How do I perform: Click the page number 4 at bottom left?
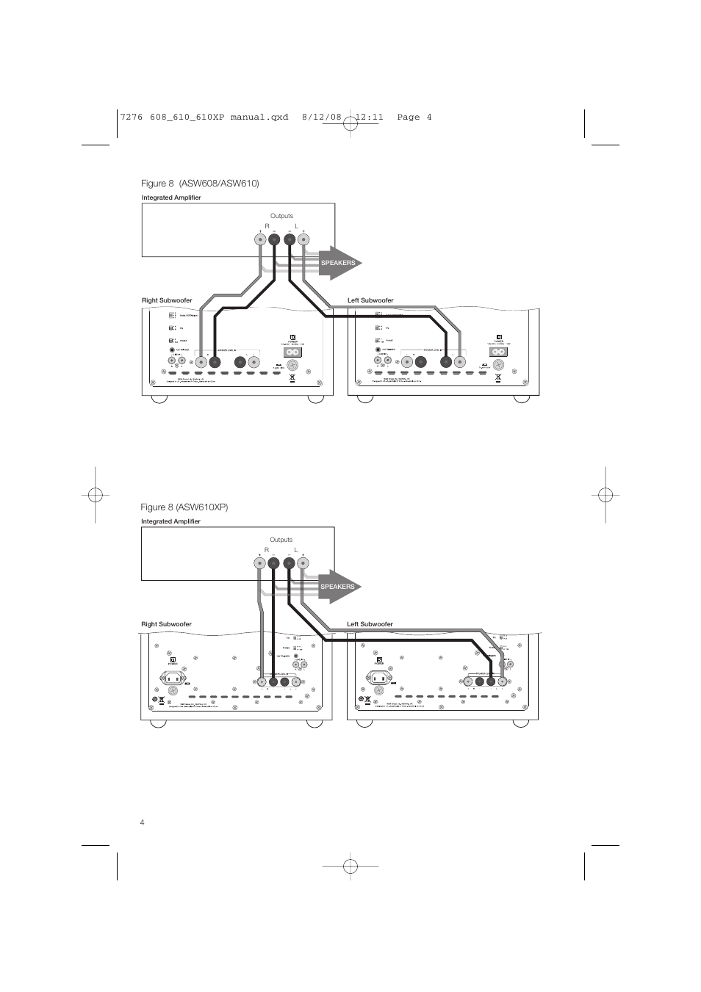[142, 822]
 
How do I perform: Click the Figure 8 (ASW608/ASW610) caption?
[200, 183]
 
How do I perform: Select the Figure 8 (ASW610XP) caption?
[185, 507]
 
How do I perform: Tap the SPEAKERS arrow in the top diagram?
[339, 263]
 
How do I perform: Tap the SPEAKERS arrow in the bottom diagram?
[339, 587]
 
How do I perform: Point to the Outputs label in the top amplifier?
[281, 216]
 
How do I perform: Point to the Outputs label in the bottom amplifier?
[281, 540]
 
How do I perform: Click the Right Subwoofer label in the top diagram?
[167, 300]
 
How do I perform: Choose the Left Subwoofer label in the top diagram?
[370, 300]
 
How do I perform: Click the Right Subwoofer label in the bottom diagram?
[167, 624]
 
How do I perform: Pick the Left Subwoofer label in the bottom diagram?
[370, 624]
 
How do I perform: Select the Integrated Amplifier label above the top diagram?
[171, 198]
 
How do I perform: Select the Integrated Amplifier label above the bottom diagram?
[171, 521]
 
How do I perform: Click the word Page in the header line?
[409, 117]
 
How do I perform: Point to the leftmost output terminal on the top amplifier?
[260, 239]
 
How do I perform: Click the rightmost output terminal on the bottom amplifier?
[303, 564]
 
